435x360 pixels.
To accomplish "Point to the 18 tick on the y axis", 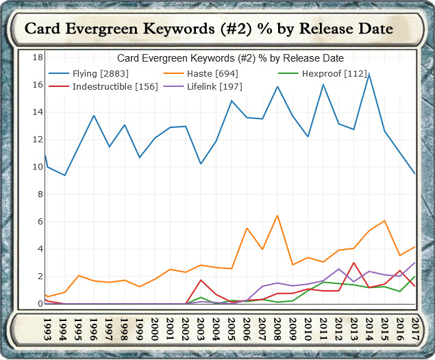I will point(38,57).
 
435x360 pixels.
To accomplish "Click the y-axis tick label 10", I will point(38,167).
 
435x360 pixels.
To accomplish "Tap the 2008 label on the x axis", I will point(276,327).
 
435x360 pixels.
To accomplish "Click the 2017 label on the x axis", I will point(414,327).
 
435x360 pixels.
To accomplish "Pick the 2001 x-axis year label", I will point(170,327).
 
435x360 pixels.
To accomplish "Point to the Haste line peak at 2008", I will point(277,216).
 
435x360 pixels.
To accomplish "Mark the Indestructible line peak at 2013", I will point(353,263).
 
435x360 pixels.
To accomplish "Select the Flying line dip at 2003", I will point(200,164).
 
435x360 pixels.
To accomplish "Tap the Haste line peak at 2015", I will point(385,221).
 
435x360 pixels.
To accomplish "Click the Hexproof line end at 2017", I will point(415,277).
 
